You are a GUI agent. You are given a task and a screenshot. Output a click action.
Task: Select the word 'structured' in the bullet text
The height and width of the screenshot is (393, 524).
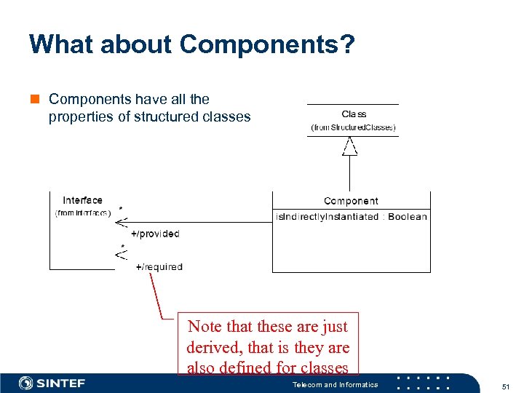(167, 116)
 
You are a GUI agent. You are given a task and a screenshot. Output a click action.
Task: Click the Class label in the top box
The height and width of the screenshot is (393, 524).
(354, 114)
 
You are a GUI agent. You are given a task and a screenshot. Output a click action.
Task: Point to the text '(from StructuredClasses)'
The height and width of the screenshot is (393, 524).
(354, 127)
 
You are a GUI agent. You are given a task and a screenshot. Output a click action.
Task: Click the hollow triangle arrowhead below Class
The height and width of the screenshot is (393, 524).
(351, 147)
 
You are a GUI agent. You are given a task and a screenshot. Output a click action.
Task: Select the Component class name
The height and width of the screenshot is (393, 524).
(351, 201)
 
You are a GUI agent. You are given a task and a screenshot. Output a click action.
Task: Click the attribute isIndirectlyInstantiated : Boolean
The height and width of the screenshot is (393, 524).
(351, 216)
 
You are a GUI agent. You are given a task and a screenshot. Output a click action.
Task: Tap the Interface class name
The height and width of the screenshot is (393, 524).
(82, 200)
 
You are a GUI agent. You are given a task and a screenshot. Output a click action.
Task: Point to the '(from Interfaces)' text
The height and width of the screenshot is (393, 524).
(82, 213)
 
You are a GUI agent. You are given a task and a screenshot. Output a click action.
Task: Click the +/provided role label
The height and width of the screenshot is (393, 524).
(154, 234)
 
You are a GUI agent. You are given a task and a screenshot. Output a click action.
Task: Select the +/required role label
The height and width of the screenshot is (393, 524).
(159, 267)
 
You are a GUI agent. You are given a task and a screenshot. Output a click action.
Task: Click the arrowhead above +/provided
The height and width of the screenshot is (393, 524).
(122, 222)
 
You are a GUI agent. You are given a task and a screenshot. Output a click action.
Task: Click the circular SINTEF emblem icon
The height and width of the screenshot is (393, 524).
(26, 384)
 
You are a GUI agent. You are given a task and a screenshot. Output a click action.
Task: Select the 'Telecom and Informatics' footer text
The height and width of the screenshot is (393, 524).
(335, 384)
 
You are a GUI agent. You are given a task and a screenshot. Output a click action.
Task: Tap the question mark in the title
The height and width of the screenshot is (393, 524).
(347, 45)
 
